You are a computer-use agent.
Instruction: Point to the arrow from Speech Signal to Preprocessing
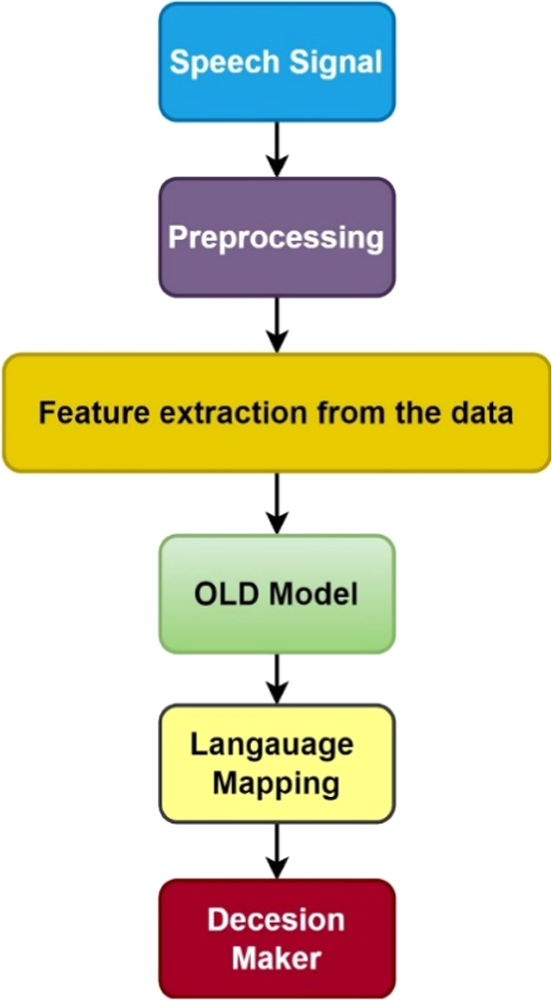[277, 149]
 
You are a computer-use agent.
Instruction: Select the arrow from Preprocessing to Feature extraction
[277, 324]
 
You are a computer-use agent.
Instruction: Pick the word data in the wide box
[482, 413]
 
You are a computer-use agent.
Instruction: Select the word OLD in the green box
[226, 594]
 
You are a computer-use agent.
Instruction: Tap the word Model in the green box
[313, 594]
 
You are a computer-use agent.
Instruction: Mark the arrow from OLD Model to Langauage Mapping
[277, 678]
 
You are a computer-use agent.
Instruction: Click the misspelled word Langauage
[272, 745]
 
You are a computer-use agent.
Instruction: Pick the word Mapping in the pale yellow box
[276, 784]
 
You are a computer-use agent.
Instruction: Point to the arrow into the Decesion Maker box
[277, 851]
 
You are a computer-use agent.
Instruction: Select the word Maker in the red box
[276, 958]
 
